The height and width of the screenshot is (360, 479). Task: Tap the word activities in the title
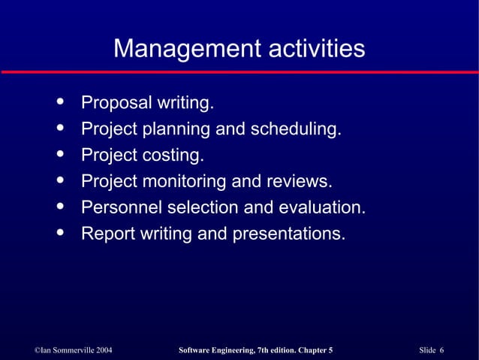pos(313,50)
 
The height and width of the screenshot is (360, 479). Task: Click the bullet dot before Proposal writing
pos(59,101)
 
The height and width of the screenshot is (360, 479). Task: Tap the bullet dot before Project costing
pos(59,154)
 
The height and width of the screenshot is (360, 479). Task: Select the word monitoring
pos(182,181)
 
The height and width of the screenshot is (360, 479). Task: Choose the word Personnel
pos(119,207)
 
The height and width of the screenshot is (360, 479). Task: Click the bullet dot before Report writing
pos(59,232)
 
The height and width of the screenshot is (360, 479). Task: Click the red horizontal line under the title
pos(239,71)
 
